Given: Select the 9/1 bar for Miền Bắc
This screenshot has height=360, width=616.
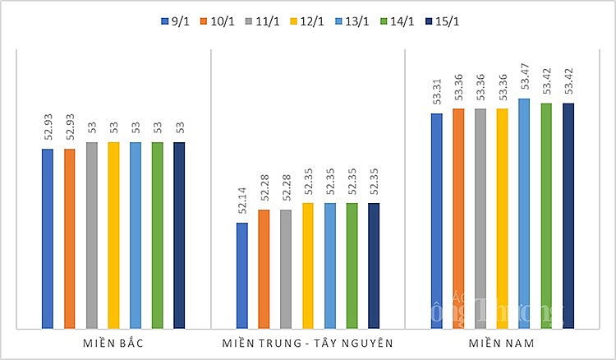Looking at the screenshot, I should pos(48,238).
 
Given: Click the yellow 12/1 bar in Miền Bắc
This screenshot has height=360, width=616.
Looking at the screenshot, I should pos(113,235).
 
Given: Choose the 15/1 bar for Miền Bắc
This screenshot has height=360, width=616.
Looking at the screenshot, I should pos(179,235).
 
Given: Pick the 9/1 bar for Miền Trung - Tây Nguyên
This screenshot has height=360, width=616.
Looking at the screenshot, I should pos(242,275).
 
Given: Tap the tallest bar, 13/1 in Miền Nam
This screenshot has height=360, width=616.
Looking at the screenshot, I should pos(524,214).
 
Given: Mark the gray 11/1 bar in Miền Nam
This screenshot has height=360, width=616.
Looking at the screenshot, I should pos(480,218).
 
